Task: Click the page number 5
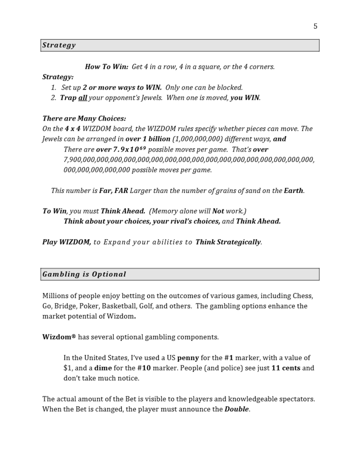pos(315,26)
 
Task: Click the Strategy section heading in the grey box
pos(59,45)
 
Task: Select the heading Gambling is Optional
pos(84,274)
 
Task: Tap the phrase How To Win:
pos(106,67)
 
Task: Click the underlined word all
pos(82,98)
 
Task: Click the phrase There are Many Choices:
pos(84,118)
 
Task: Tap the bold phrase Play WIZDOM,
pos(66,242)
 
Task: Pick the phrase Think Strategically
pos(228,242)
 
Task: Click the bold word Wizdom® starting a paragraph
pos(59,337)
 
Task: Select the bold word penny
pos(188,358)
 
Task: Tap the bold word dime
pos(103,368)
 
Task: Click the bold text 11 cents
pos(286,368)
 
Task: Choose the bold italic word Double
pos(237,409)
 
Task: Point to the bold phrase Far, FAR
pos(114,191)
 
